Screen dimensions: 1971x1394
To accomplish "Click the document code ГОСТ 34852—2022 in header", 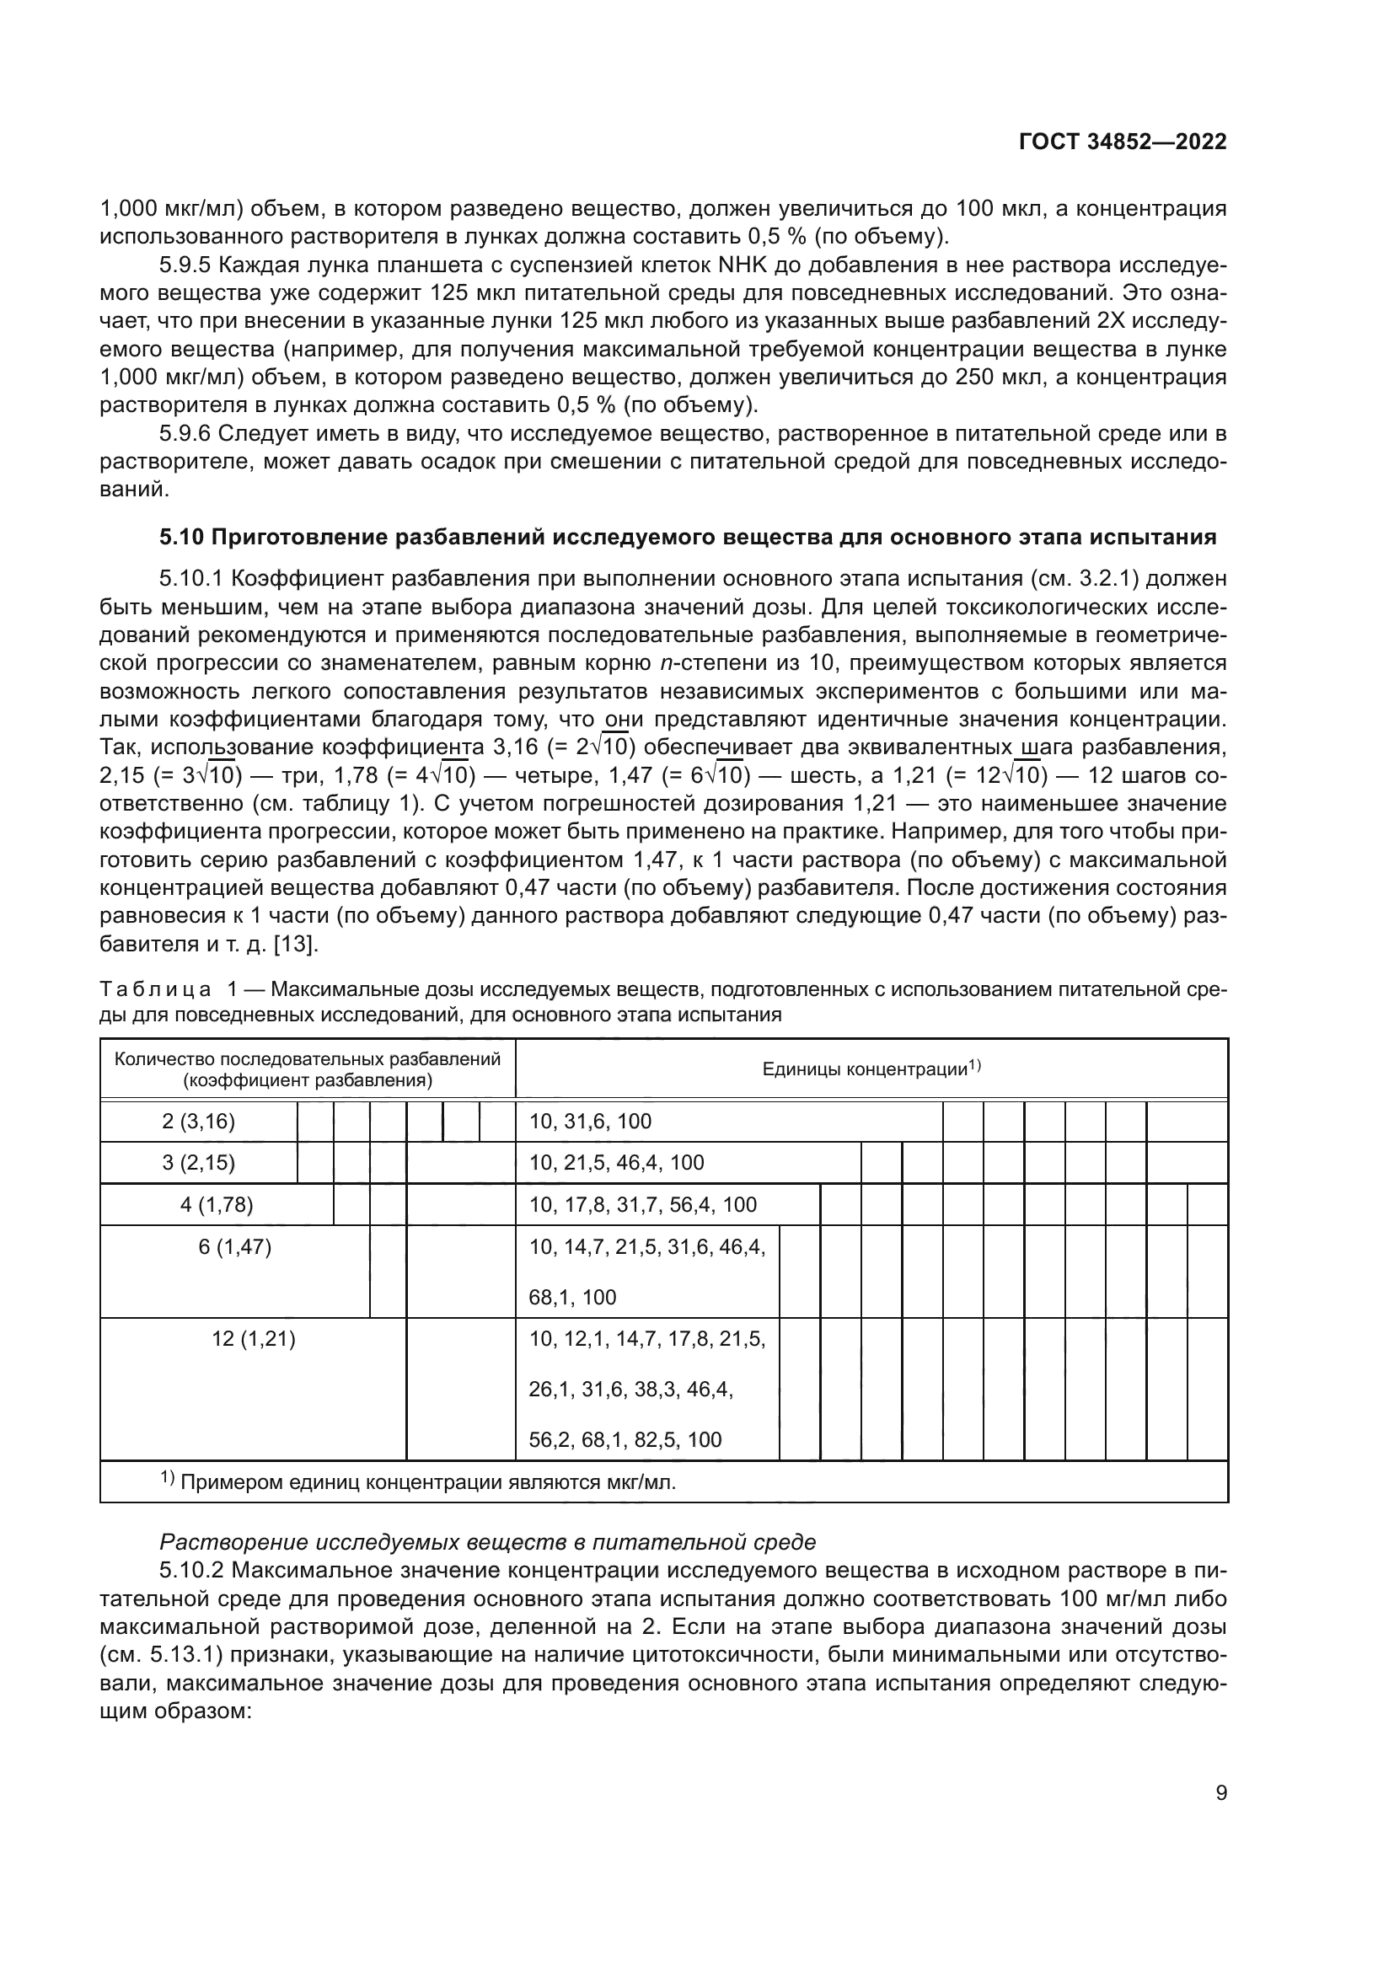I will click(x=1122, y=142).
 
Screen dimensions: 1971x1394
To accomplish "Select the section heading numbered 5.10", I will click(x=688, y=538).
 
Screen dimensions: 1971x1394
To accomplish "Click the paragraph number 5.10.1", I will click(x=192, y=579).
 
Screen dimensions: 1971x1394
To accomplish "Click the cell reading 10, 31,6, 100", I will click(x=591, y=1121).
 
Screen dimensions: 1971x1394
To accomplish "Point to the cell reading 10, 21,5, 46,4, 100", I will click(x=616, y=1162).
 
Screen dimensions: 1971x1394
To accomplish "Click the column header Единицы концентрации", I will click(x=871, y=1069).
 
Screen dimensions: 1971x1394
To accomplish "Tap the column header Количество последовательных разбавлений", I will click(x=308, y=1069).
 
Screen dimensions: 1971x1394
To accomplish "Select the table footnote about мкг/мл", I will click(x=419, y=1482).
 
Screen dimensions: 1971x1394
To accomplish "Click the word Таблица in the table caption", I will click(x=155, y=990).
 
